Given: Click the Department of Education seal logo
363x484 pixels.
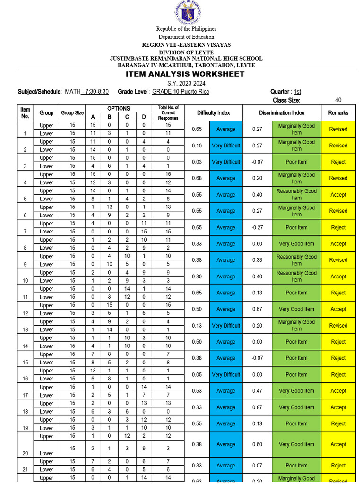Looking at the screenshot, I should click(188, 13).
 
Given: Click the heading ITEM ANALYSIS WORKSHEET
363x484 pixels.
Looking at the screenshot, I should click(185, 74).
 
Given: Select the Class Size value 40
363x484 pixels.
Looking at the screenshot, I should click(338, 100).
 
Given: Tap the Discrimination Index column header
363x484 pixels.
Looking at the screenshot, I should click(282, 113).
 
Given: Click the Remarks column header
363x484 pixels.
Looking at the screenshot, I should click(338, 113).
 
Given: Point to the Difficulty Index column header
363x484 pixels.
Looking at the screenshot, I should click(213, 113).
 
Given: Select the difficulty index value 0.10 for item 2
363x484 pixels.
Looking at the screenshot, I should click(197, 146).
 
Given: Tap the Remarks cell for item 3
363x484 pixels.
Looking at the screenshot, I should click(338, 162).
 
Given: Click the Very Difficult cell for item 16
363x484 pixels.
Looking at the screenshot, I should click(226, 375).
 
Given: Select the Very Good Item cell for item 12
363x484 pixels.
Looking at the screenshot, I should click(296, 309).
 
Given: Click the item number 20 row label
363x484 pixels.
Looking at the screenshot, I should click(25, 453).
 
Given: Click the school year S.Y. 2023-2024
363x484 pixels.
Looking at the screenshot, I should click(185, 83).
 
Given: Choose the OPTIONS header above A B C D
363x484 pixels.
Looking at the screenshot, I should click(118, 109).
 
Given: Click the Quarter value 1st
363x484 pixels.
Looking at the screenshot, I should click(297, 92).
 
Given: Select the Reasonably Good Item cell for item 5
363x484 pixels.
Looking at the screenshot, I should click(296, 195).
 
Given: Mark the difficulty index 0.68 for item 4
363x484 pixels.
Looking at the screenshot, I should click(197, 178).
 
